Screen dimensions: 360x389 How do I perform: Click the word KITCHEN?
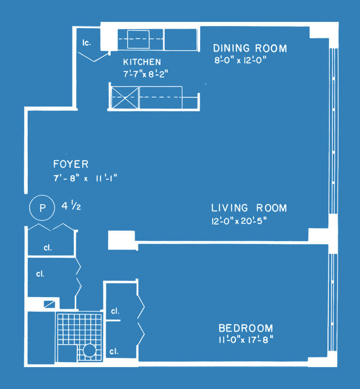coord(142,62)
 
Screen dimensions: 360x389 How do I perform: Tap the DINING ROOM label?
coord(250,48)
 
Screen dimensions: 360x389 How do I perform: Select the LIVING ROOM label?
coord(249,208)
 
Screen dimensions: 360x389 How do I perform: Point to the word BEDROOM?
coord(246,328)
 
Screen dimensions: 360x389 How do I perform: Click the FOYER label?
coord(71,164)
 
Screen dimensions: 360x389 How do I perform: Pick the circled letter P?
coord(42,208)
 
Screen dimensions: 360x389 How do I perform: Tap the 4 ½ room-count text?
coord(71,206)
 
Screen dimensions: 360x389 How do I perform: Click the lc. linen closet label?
coord(86,43)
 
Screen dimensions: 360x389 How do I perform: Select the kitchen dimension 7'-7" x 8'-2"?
coord(146,74)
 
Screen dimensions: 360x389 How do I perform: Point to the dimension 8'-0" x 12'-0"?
coord(240,60)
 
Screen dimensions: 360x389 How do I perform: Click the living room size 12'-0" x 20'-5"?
coord(239,221)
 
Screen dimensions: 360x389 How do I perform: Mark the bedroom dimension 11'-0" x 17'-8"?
coord(246,339)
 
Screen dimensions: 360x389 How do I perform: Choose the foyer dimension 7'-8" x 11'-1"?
coord(85,178)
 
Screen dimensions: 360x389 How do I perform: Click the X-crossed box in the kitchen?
coord(125,98)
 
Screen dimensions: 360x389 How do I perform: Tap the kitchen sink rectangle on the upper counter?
coord(138,39)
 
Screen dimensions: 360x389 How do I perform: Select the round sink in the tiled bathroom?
coord(89,351)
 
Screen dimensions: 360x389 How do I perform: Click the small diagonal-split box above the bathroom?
coord(50,304)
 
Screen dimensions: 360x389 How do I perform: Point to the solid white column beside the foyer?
coord(122,240)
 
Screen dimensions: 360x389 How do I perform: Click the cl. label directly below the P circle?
coord(48,248)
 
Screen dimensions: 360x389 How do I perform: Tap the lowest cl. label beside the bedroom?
coord(114,351)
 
